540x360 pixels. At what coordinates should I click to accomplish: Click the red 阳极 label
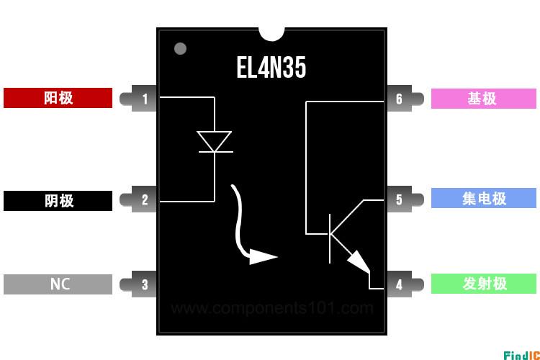pos(58,98)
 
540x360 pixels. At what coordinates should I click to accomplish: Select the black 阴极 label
pos(58,200)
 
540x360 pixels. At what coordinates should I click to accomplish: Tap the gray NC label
pos(58,284)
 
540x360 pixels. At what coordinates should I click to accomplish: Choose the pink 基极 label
pos(484,99)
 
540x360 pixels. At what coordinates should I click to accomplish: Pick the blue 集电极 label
pos(484,198)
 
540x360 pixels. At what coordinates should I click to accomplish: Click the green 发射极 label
pos(484,284)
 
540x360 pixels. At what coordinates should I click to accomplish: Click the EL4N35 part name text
pos(271,68)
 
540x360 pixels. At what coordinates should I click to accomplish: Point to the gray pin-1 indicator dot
pos(180,48)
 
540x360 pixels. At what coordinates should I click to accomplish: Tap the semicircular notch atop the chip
pos(271,34)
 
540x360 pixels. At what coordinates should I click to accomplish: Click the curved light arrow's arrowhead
pos(263,256)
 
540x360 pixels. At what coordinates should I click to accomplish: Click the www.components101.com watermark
pos(272,307)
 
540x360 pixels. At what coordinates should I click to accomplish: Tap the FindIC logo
pos(521,355)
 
